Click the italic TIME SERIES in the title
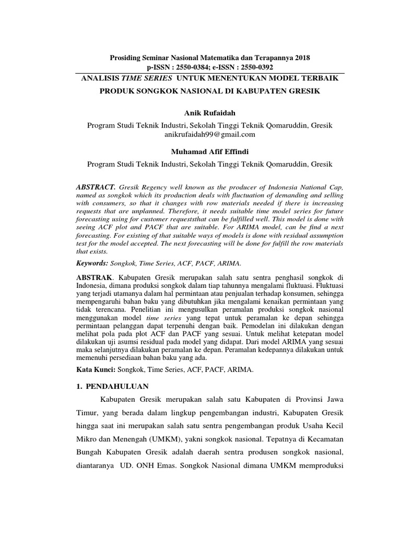tap(148, 78)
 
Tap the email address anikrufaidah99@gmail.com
tap(209, 134)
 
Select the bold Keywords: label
tap(93, 263)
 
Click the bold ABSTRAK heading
tap(95, 276)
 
